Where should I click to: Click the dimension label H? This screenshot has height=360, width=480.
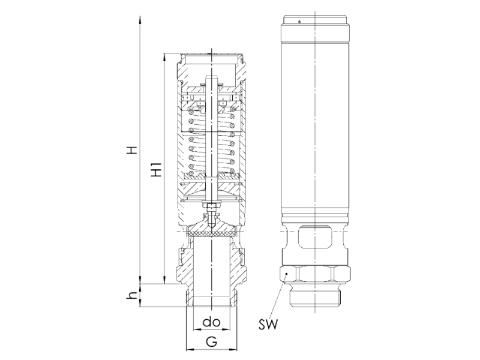pyautogui.click(x=133, y=150)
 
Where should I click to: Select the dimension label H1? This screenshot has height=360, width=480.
pyautogui.click(x=157, y=169)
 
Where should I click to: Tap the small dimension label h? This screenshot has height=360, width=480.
pyautogui.click(x=132, y=295)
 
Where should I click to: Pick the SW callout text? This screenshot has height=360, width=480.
pyautogui.click(x=268, y=324)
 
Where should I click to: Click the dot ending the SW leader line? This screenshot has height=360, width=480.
pyautogui.click(x=286, y=274)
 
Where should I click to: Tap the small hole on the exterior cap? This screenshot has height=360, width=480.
pyautogui.click(x=299, y=22)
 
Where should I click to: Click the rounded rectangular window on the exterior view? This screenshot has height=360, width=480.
pyautogui.click(x=315, y=236)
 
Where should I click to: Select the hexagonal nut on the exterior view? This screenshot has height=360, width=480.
pyautogui.click(x=315, y=274)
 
